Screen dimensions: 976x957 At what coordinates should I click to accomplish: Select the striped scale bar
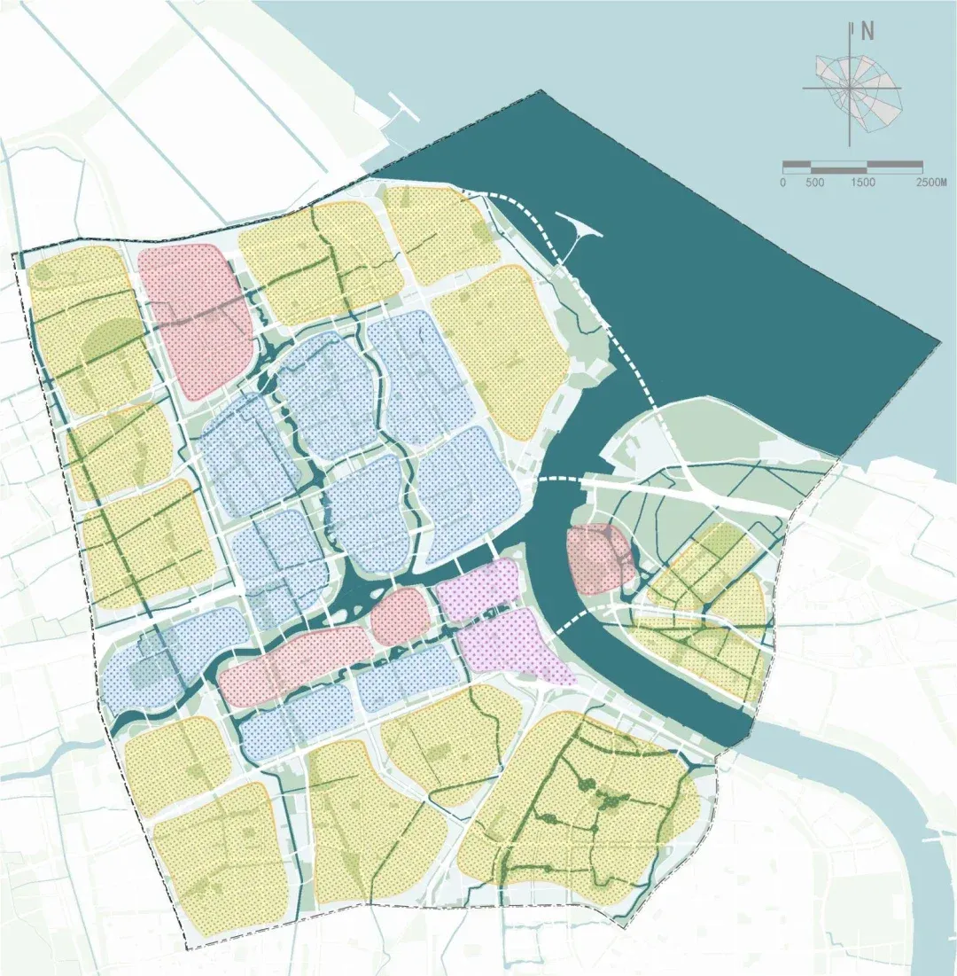click(x=852, y=166)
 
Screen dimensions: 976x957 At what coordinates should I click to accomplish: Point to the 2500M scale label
click(x=931, y=183)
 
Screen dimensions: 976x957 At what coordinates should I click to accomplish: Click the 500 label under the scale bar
click(x=815, y=183)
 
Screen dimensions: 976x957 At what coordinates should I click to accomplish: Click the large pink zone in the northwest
click(x=195, y=315)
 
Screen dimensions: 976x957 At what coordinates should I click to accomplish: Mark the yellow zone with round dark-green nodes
click(x=585, y=807)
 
